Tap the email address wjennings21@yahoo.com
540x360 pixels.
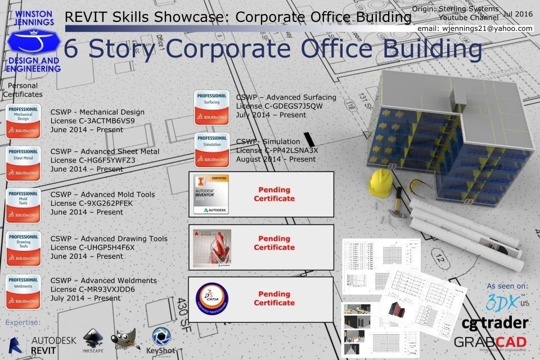pyautogui.click(x=475, y=28)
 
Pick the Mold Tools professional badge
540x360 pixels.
pyautogui.click(x=23, y=206)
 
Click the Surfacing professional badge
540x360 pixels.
pyautogui.click(x=212, y=107)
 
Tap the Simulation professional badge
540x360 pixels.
pyautogui.click(x=212, y=150)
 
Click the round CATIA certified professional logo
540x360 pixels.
pyautogui.click(x=211, y=298)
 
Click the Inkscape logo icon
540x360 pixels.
pyautogui.click(x=93, y=337)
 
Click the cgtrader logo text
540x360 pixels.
pyautogui.click(x=494, y=323)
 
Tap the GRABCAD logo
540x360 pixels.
pyautogui.click(x=490, y=342)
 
